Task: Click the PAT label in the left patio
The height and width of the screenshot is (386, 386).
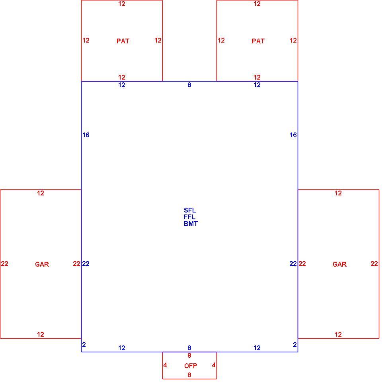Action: (x=123, y=41)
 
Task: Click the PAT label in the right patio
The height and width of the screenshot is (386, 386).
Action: (x=258, y=41)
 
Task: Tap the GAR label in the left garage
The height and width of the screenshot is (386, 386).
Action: (x=42, y=264)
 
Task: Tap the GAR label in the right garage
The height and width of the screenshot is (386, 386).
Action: (x=339, y=264)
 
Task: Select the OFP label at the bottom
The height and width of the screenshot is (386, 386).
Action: (x=191, y=366)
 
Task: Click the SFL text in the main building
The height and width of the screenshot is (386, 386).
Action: (x=190, y=210)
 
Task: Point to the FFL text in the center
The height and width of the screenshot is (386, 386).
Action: (x=189, y=217)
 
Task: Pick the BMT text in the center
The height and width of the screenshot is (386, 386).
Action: (x=191, y=224)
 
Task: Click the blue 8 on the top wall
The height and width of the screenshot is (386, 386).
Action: (x=189, y=85)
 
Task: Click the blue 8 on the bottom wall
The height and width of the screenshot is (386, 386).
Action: (x=189, y=347)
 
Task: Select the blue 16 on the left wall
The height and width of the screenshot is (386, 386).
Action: (x=86, y=135)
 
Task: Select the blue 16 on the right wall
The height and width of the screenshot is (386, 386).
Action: (x=293, y=135)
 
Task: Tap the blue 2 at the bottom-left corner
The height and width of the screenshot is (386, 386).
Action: (x=84, y=345)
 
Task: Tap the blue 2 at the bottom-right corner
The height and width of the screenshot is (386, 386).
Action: (x=294, y=345)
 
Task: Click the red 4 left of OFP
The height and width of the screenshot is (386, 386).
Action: (x=165, y=365)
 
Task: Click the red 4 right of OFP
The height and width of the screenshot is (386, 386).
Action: (x=214, y=365)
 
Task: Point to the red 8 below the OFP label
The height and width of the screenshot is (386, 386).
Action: (x=189, y=375)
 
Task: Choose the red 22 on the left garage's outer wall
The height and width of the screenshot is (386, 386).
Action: (x=4, y=263)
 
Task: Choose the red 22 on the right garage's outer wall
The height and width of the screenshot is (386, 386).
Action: (x=374, y=263)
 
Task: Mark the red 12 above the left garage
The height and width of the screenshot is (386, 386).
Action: (x=41, y=193)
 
